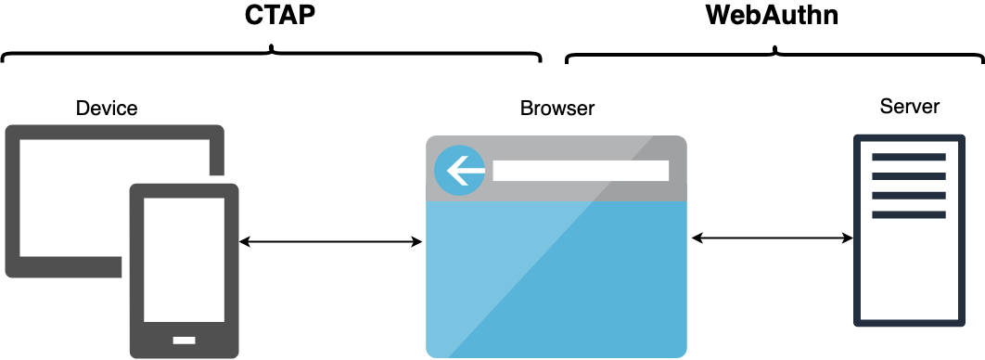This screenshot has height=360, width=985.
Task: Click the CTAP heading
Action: point(273,17)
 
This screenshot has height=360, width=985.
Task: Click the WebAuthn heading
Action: point(772,17)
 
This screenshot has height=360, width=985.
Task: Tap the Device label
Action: point(107,109)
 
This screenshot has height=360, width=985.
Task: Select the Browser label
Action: point(556,109)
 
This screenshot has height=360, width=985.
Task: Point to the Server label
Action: point(909,107)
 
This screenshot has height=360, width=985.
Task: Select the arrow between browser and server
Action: point(772,238)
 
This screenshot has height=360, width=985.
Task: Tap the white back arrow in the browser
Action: point(461,171)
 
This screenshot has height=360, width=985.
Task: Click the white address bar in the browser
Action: point(581,171)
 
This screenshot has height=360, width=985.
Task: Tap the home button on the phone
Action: point(185,339)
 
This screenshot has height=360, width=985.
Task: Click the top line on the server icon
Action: point(908,157)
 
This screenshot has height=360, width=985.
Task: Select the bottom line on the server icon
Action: point(908,214)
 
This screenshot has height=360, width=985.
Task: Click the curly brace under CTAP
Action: point(272,55)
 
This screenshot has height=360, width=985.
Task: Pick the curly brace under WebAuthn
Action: point(774,55)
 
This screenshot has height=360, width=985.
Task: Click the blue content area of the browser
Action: point(556,278)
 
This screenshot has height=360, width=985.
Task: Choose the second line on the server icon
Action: point(908,176)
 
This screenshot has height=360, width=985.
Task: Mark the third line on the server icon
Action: point(908,196)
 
